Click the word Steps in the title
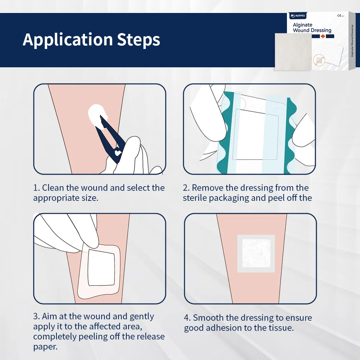[x=139, y=40]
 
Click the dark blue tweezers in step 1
[x=108, y=137]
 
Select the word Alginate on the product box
[x=302, y=25]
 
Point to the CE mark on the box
[x=339, y=16]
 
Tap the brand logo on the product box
[x=298, y=16]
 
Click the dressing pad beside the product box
[x=292, y=51]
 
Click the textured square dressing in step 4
[x=256, y=253]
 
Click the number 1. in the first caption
[x=36, y=188]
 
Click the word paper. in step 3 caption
[x=45, y=347]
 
